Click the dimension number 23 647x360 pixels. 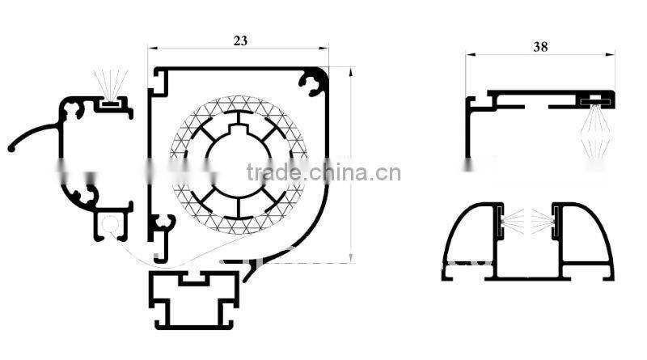(239, 38)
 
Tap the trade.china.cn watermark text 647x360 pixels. (323, 172)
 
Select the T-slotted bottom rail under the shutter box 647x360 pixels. (193, 296)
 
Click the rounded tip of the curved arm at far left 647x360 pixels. (11, 149)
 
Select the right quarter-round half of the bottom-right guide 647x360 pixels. (585, 239)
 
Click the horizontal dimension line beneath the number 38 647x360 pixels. (540, 55)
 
